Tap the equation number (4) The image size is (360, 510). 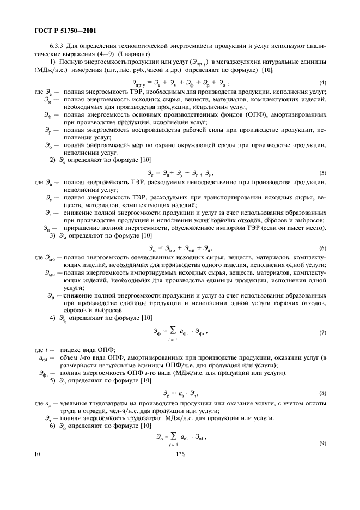point(322,82)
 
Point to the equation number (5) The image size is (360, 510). point(322,173)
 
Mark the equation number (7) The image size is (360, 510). point(322,332)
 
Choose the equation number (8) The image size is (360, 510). point(322,392)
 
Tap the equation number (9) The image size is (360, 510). point(322,442)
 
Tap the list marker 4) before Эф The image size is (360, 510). point(52,317)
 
